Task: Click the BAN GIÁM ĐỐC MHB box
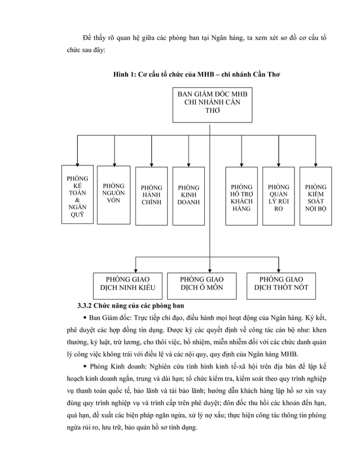[x=209, y=104]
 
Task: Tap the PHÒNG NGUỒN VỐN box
[x=114, y=194]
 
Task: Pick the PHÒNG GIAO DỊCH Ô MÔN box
[x=201, y=283]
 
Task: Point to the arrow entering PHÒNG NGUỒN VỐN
[x=115, y=161]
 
